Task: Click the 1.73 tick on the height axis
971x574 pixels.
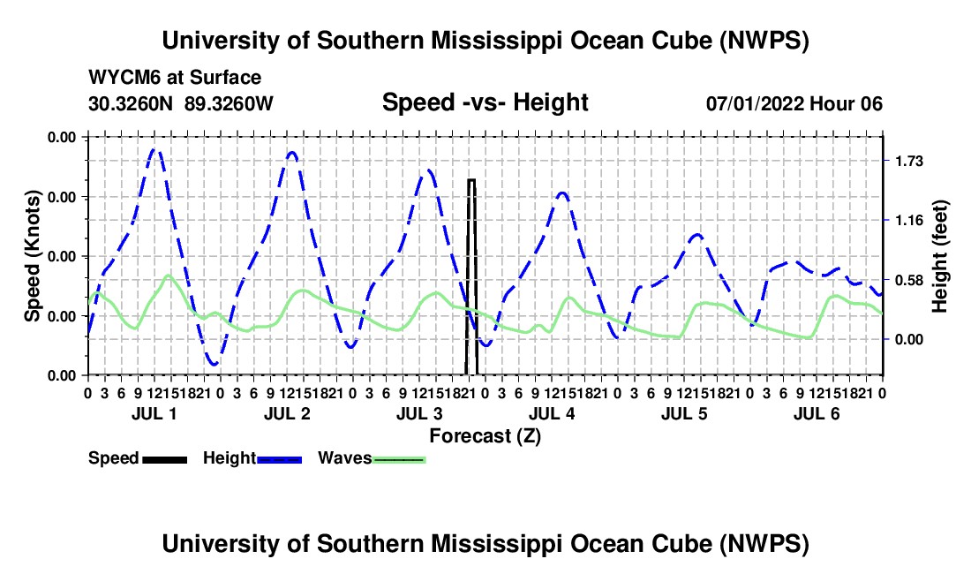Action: point(908,162)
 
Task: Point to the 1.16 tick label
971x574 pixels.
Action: point(908,221)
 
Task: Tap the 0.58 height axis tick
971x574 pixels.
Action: point(908,281)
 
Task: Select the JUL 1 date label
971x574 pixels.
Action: point(154,413)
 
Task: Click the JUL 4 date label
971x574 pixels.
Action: point(552,413)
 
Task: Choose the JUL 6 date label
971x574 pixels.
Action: point(817,413)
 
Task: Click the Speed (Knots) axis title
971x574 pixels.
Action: point(32,256)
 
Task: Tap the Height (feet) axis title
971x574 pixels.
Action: point(939,256)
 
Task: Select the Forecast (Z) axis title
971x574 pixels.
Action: point(485,436)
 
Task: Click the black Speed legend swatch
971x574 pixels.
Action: point(164,459)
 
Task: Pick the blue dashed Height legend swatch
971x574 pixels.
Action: point(279,459)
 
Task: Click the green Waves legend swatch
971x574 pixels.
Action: point(399,459)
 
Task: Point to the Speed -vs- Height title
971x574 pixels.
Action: point(485,102)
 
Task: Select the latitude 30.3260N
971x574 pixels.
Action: point(130,103)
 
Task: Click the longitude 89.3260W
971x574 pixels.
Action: point(229,103)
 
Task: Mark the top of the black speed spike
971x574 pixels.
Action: point(471,179)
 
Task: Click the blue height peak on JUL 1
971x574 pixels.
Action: point(156,150)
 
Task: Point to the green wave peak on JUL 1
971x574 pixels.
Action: point(168,276)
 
